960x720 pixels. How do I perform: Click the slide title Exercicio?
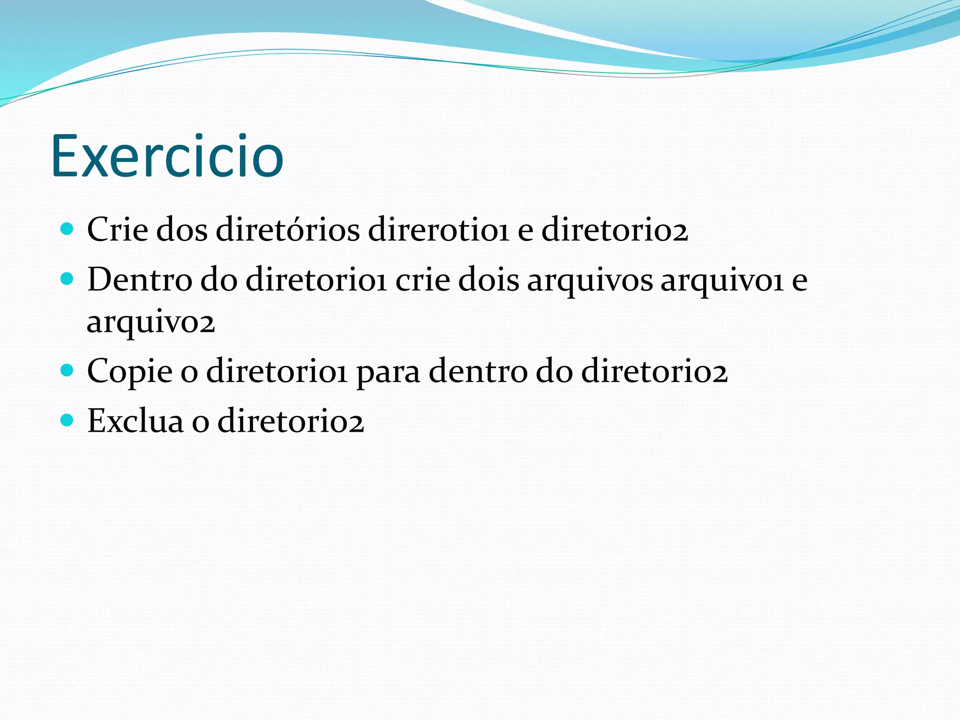[167, 156]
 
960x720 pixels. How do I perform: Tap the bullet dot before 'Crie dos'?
[67, 229]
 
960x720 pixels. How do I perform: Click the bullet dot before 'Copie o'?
[67, 371]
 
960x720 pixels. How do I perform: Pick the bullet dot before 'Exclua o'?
[67, 420]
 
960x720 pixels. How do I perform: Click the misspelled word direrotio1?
[438, 230]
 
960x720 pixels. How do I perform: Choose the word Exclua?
[135, 421]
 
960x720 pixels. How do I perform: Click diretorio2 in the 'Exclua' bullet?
[291, 421]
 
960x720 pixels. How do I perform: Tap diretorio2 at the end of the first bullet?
[615, 230]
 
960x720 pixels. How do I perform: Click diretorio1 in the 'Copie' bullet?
[277, 372]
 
